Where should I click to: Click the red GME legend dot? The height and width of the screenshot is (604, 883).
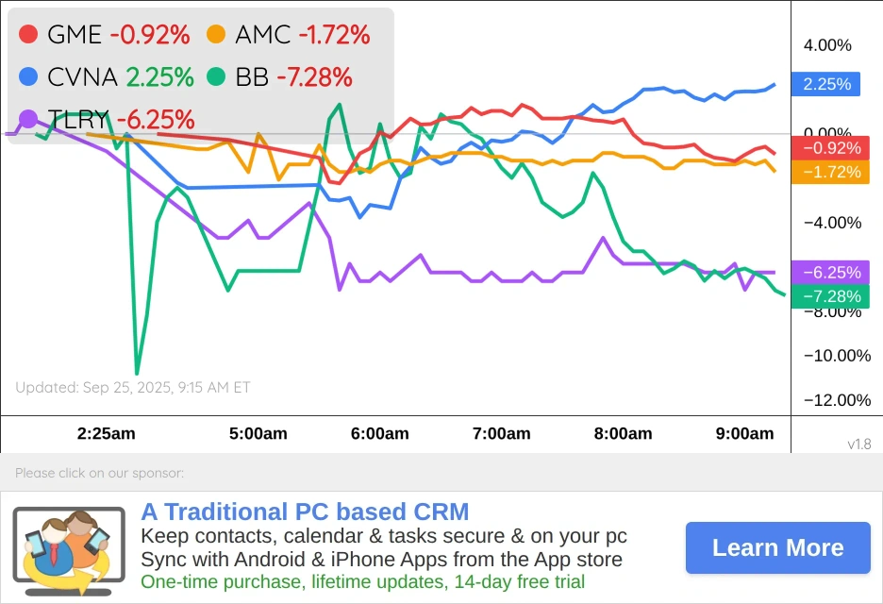coord(28,35)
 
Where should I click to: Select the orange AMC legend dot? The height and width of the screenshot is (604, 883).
coord(216,35)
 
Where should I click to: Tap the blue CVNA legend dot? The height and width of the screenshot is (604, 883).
coord(28,76)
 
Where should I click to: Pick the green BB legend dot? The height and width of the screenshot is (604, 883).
coord(216,76)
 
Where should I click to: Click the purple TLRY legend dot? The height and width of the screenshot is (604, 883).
coord(28,119)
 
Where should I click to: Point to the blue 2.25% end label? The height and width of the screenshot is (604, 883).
coord(826,84)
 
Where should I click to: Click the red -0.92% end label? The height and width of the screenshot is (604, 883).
coord(830,148)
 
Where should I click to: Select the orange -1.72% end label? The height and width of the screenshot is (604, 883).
coord(830,172)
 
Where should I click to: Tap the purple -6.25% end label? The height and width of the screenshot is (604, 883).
coord(830,273)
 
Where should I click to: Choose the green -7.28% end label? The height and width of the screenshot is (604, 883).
coord(830,296)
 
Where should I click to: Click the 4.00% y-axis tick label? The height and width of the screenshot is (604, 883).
coord(827,45)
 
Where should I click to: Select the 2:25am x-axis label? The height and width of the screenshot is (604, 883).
coord(106,434)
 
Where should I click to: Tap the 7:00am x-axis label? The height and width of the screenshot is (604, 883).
coord(502,434)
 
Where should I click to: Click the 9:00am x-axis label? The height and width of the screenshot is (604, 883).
coord(745,434)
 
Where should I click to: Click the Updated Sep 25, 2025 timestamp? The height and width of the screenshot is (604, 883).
coord(133,387)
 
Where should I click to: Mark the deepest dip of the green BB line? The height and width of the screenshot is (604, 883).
coord(137,373)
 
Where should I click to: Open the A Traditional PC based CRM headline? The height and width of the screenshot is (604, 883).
coord(305,512)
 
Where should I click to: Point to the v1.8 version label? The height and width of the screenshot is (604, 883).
coord(858,444)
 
